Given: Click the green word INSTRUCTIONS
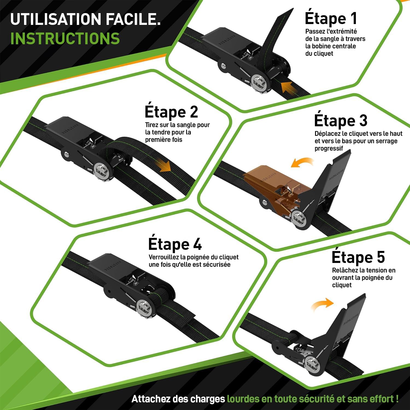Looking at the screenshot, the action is coord(65,38).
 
